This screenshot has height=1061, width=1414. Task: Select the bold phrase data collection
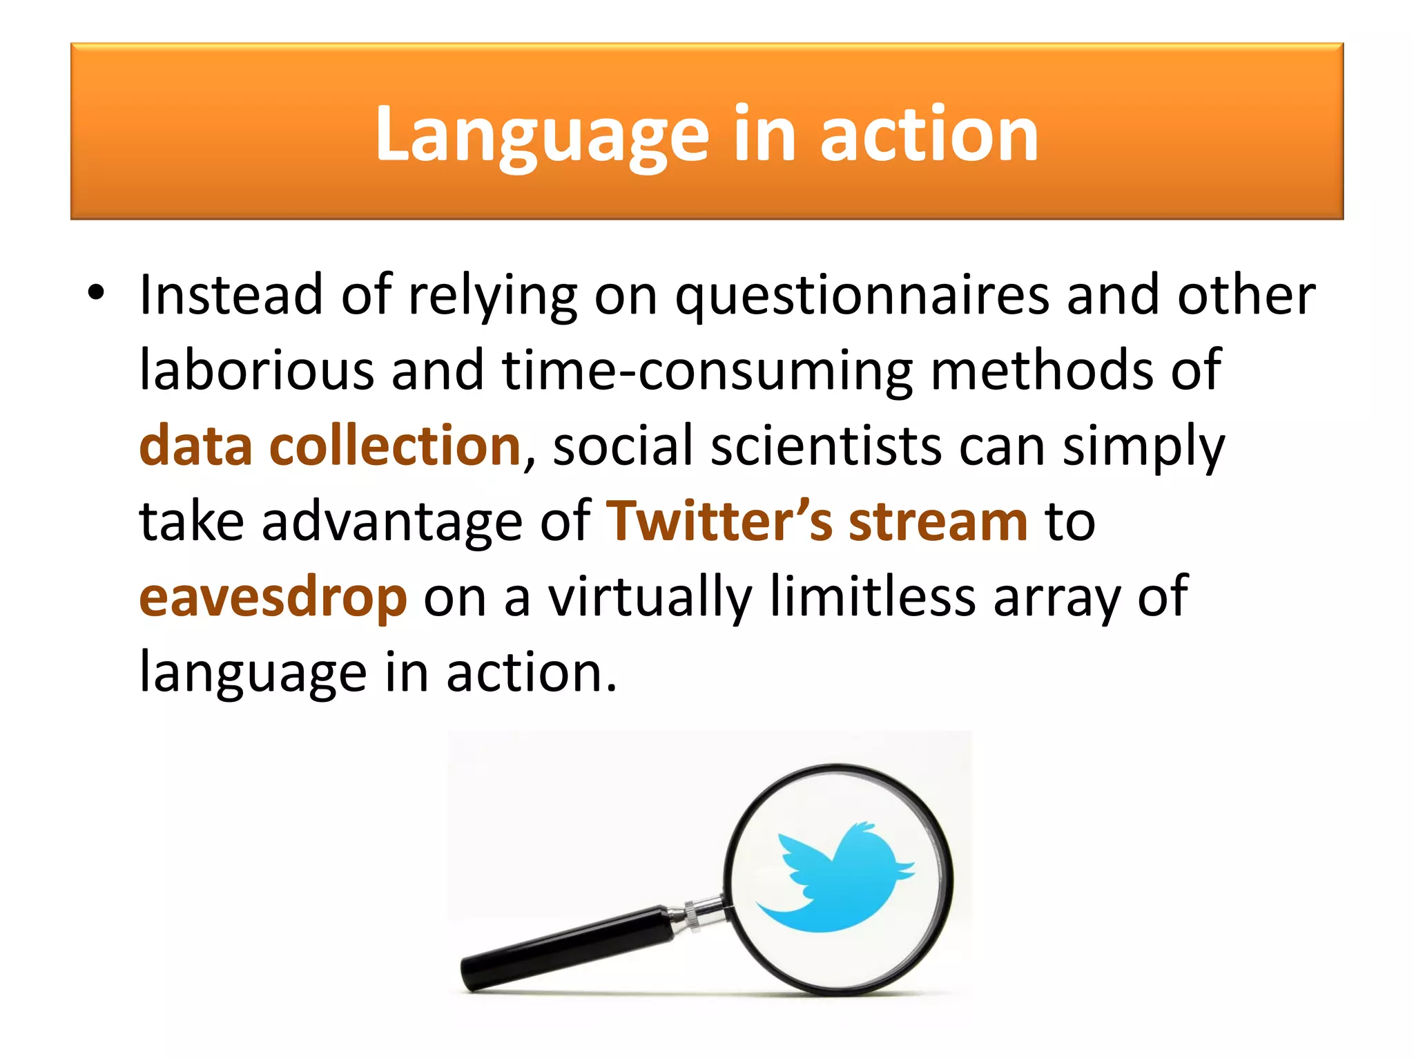329,446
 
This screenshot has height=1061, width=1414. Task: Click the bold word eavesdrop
273,597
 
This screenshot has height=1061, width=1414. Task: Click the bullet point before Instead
96,293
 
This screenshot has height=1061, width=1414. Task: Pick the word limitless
873,595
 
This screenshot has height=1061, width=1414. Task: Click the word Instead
231,295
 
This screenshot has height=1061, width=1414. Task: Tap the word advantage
391,522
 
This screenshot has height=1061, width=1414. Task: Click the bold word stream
938,521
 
